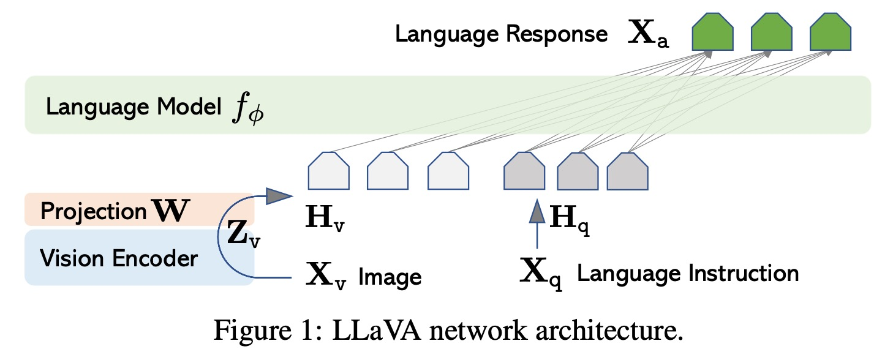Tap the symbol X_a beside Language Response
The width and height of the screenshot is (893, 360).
649,37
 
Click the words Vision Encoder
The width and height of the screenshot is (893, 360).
118,258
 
